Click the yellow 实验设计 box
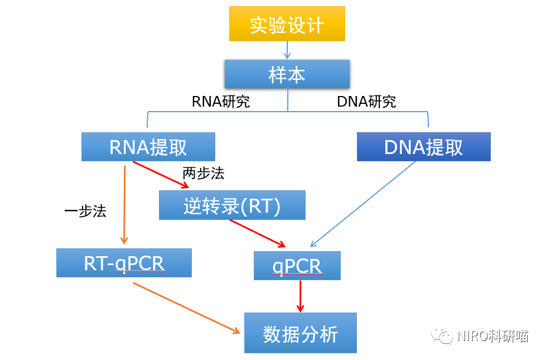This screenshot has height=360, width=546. pos(287,23)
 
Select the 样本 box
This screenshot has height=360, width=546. pos(287,74)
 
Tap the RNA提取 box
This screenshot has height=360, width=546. pos(148,147)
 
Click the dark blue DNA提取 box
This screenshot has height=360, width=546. pos(423,147)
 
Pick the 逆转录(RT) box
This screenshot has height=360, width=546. pos(232,205)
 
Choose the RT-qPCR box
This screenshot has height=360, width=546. pos(124,263)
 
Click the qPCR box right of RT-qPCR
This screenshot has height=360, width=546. pos(297,266)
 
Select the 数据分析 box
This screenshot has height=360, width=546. pos(300,333)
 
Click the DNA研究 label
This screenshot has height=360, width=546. pos(366,102)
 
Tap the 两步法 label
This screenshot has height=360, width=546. pos(203,174)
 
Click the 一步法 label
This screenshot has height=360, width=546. pos(85,212)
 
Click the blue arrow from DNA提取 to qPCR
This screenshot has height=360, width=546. pos(364,204)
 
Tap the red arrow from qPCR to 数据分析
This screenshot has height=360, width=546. pos(301,296)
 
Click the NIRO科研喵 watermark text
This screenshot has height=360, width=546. pos(491,335)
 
